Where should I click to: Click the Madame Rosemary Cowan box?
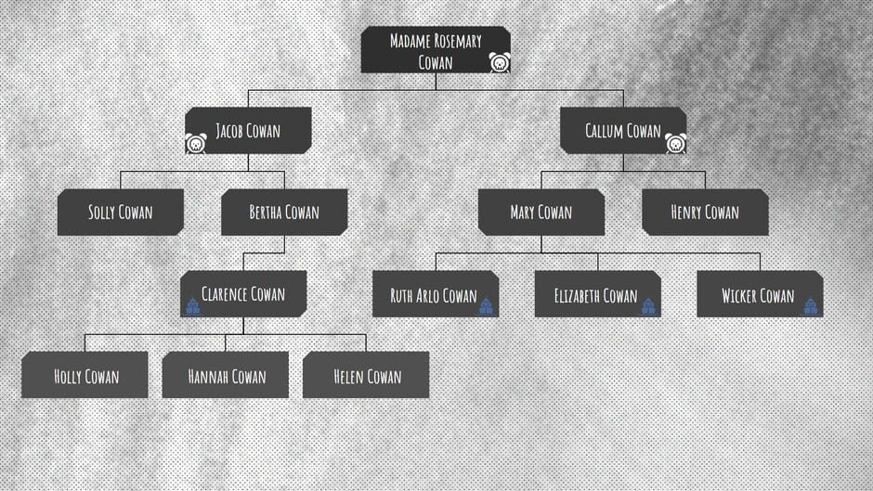coord(436,49)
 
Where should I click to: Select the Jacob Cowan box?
coord(248,130)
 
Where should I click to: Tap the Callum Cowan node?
coord(623,130)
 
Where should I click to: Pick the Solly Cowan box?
coord(120,213)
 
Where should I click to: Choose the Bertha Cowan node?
coord(284,213)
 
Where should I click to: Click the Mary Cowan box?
coord(541,213)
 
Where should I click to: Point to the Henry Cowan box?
coord(706,213)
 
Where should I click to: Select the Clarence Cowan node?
coord(243,294)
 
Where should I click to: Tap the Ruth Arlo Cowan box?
coord(436,294)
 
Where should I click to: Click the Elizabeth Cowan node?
coord(598,294)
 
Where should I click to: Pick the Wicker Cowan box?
coord(760,294)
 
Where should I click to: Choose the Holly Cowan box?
coord(85,375)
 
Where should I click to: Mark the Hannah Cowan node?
coord(226,375)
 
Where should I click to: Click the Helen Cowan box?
coord(366,375)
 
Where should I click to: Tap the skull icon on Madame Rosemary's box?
coord(500,62)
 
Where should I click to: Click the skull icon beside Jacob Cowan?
coord(196,143)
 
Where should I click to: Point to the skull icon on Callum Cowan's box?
coord(675,143)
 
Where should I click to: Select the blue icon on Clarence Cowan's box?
coord(192,305)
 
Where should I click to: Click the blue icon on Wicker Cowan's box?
coord(811,305)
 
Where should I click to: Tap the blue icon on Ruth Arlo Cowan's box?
coord(486,305)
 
